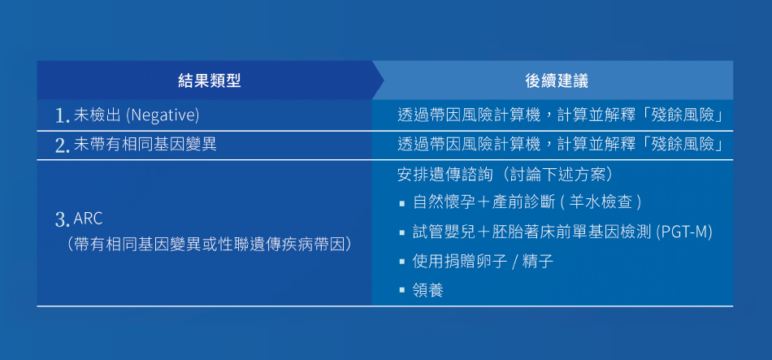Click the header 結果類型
tap(209, 80)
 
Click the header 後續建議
tap(557, 80)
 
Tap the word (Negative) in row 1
tap(163, 115)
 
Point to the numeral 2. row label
tap(63, 145)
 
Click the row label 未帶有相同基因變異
tap(145, 145)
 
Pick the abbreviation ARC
tap(88, 219)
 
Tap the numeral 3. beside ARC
tap(63, 219)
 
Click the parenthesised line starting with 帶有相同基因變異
tap(210, 245)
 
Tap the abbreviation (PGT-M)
tap(685, 232)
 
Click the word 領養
tap(427, 290)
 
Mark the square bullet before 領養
tap(402, 290)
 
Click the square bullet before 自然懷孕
tap(402, 203)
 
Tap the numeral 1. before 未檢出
tap(63, 116)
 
